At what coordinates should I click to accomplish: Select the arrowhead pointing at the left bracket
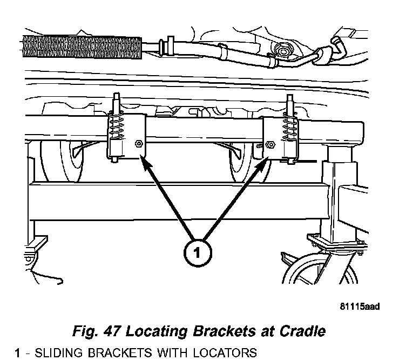(x=144, y=160)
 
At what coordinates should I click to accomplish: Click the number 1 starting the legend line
(x=18, y=354)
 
